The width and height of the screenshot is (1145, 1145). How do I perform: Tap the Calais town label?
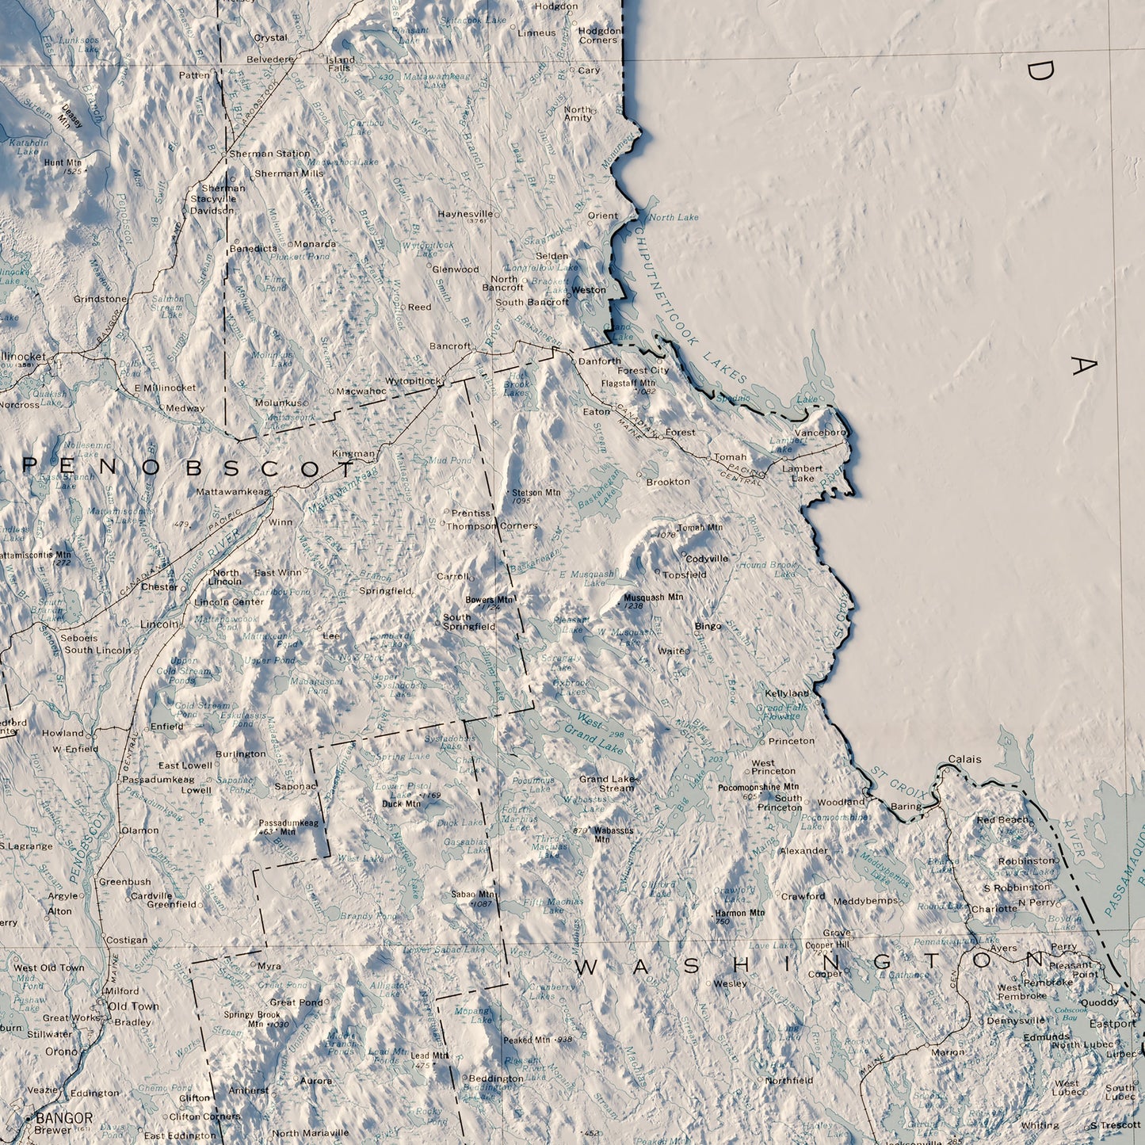point(964,759)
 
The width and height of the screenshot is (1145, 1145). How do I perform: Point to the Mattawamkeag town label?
point(233,491)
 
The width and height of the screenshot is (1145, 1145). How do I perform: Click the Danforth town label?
point(600,361)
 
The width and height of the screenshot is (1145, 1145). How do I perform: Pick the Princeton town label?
point(791,741)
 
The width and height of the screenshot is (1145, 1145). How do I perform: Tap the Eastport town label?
point(1112,1024)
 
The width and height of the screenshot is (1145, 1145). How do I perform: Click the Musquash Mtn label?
point(653,597)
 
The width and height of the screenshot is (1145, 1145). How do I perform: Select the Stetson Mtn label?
point(536,493)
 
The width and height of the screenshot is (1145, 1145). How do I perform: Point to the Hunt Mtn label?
point(63,162)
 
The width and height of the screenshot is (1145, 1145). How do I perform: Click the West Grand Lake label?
point(599,733)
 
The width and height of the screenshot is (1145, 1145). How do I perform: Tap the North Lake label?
point(674,217)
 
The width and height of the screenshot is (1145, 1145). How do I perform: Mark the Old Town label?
point(134,1006)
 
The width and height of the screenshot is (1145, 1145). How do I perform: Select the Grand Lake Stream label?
point(607,783)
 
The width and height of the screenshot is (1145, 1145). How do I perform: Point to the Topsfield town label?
point(684,574)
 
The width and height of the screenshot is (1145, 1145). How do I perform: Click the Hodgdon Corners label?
point(598,35)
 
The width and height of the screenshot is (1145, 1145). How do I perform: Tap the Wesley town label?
point(730,983)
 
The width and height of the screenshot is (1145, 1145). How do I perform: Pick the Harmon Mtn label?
point(742,913)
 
